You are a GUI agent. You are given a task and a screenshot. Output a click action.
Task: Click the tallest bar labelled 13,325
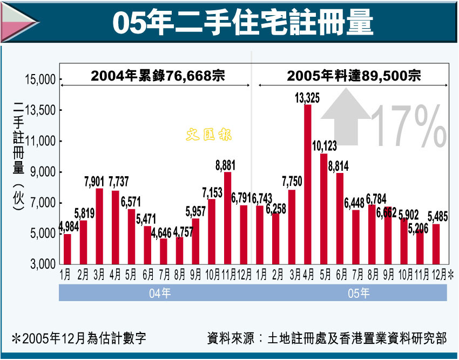pos(308,184)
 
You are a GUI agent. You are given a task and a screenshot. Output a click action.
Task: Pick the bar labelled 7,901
pos(99,225)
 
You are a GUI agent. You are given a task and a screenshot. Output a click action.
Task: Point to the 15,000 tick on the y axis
pos(41,80)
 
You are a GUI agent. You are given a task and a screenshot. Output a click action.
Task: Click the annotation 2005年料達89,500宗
pos(354,76)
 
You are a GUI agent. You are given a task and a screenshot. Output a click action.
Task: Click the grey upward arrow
pos(345,117)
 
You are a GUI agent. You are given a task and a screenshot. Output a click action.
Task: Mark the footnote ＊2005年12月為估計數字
pos(79,339)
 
